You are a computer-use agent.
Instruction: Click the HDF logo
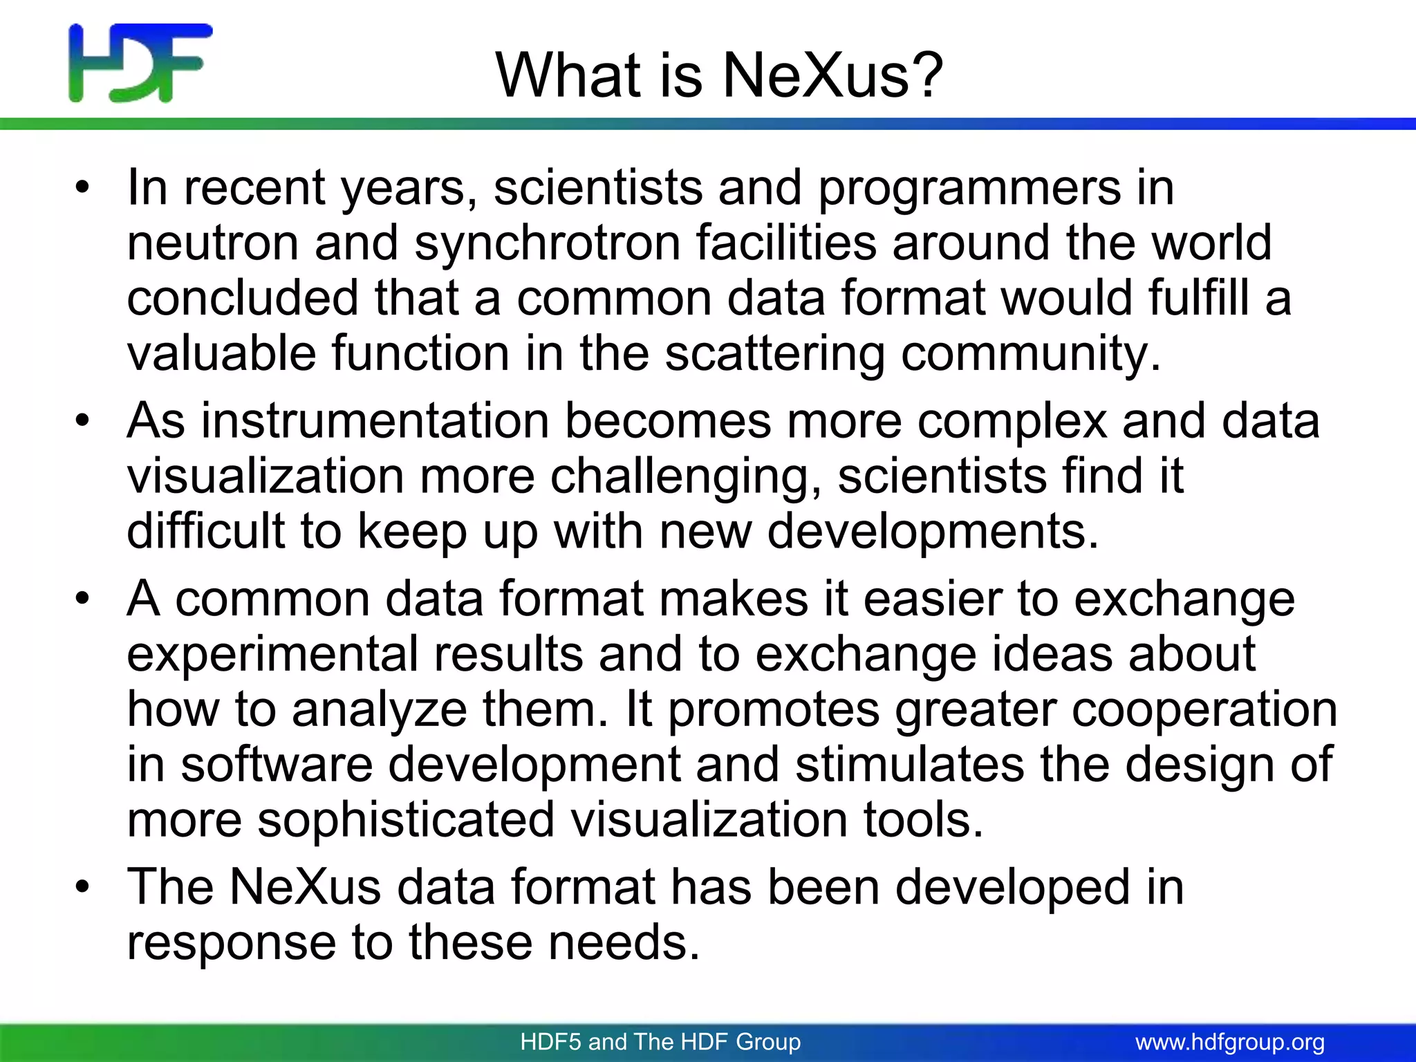click(140, 62)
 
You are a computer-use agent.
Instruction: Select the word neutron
click(212, 243)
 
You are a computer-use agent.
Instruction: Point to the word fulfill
click(1199, 298)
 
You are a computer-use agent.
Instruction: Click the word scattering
click(775, 353)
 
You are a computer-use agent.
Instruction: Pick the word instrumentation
click(375, 421)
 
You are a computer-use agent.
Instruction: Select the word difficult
click(205, 531)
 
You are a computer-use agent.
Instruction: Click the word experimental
click(272, 654)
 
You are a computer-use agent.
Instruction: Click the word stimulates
click(910, 765)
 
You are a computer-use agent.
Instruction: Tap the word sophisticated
click(406, 820)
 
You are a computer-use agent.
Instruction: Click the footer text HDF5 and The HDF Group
click(660, 1042)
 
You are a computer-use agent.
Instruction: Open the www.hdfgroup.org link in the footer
click(1230, 1042)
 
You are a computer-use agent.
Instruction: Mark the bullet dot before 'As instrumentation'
click(83, 421)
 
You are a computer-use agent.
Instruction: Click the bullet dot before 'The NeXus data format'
click(83, 887)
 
